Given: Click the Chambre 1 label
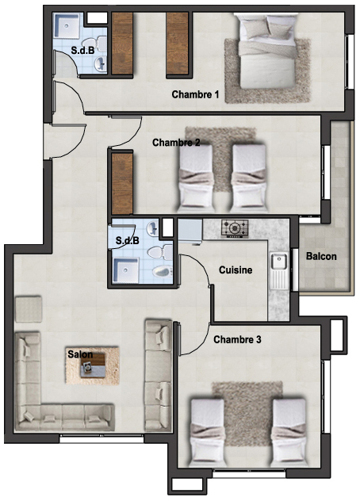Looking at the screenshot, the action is pos(195,94).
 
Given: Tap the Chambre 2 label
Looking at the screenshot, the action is pos(176,143).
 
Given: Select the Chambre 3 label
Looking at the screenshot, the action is pos(237,339).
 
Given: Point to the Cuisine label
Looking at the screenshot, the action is pos(236,270).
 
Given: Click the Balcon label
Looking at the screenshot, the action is pos(321,256).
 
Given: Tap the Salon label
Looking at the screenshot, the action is pos(80,354).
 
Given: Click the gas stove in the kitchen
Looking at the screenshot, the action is pos(235,228).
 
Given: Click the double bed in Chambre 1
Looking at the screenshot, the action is pos(267,51).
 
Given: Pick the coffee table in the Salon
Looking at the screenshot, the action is pos(93,365).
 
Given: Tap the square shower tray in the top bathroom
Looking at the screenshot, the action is pos(66,25).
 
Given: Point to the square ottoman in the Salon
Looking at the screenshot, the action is pos(29,308).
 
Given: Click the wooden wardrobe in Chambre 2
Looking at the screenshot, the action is pos(122,184).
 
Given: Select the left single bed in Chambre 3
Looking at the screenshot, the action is pos(207,430).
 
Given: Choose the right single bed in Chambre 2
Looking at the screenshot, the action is pos(249,178).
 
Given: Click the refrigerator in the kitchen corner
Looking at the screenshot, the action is pos(190,231).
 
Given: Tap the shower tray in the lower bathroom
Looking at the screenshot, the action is pos(126,270).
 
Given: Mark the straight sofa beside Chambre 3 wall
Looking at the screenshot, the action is pos(159,376).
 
